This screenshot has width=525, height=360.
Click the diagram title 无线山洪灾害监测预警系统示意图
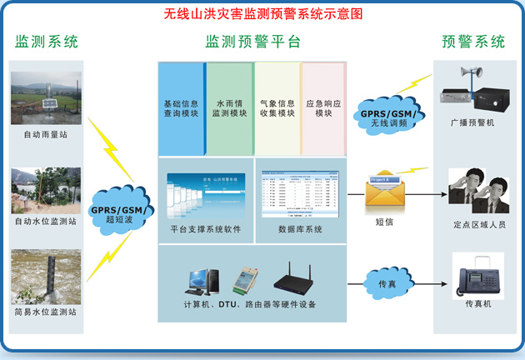pos(262,15)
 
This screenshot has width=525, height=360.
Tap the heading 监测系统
pos(47,42)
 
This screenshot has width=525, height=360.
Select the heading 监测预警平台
pos(252,42)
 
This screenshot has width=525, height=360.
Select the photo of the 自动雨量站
pos(47,97)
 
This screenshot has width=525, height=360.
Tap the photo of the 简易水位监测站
pos(47,274)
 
